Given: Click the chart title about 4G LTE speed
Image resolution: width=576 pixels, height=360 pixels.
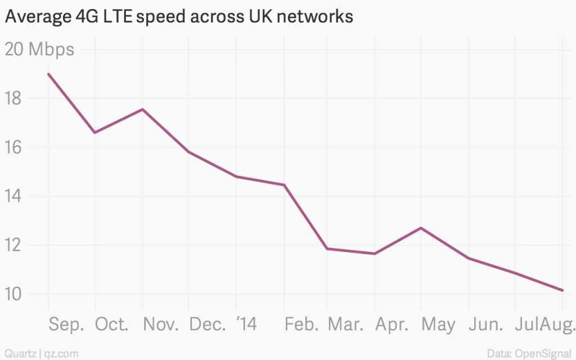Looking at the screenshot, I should click(x=179, y=17).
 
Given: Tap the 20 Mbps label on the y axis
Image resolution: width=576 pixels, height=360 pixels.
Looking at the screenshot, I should click(x=39, y=49).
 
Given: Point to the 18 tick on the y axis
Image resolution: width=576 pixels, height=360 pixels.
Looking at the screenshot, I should click(x=13, y=99).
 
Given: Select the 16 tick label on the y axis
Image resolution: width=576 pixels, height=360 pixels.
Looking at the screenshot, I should click(x=13, y=148).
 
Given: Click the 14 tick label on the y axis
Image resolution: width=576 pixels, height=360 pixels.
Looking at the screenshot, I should click(x=13, y=197).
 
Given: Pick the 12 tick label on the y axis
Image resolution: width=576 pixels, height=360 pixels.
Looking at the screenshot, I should click(x=13, y=246).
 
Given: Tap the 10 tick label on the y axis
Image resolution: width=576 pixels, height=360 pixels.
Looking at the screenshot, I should click(x=13, y=295).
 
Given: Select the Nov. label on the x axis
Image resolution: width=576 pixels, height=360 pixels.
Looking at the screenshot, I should click(x=160, y=325).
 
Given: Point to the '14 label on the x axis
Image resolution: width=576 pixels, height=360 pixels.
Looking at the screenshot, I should click(x=246, y=325).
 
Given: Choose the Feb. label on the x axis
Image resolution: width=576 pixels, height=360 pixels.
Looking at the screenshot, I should click(x=301, y=325).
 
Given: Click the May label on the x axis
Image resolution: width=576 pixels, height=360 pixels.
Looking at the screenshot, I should click(x=438, y=325).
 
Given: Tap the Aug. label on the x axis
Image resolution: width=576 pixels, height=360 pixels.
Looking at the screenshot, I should click(x=562, y=325).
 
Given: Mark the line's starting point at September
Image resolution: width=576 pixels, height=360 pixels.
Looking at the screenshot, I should click(x=48, y=74).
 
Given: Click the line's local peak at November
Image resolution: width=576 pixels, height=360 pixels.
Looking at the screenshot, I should click(x=142, y=109).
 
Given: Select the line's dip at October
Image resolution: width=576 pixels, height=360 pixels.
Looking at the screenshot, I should click(x=94, y=133).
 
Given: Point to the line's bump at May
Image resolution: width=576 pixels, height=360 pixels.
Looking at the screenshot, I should click(x=421, y=228).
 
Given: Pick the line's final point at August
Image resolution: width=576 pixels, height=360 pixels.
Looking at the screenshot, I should click(x=562, y=290).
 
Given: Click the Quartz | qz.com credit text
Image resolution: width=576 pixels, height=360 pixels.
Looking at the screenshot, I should click(x=39, y=354).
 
